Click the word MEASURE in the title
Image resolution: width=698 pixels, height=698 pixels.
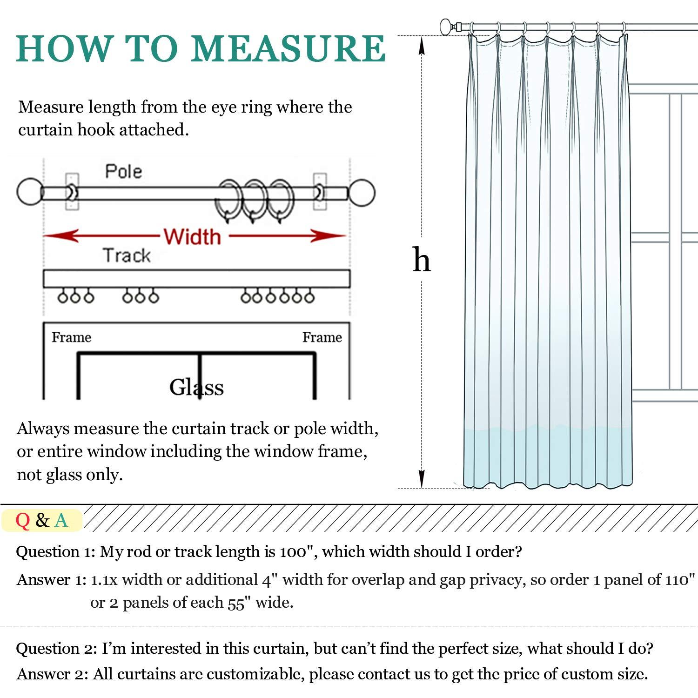pyautogui.click(x=288, y=48)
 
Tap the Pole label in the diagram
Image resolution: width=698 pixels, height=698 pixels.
pyautogui.click(x=123, y=171)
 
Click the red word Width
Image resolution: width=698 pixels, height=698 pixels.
pyautogui.click(x=192, y=236)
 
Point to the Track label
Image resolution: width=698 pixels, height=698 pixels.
pyautogui.click(x=127, y=255)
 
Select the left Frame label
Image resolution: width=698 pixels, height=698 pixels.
pyautogui.click(x=71, y=337)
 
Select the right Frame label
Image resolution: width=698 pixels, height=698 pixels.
pyautogui.click(x=322, y=337)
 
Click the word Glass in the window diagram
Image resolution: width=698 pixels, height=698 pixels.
pyautogui.click(x=196, y=387)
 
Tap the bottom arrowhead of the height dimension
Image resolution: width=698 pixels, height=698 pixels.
pyautogui.click(x=422, y=479)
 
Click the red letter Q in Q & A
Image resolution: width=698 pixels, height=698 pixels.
pyautogui.click(x=22, y=520)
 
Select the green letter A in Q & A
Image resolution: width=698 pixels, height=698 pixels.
pyautogui.click(x=61, y=520)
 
